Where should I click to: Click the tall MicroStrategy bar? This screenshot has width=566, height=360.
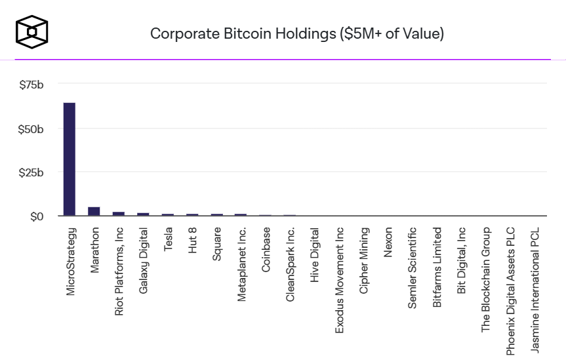click(69, 159)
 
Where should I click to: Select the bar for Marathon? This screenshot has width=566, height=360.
click(94, 211)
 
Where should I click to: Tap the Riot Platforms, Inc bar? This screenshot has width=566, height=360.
click(119, 214)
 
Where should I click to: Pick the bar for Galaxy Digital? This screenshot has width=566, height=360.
click(143, 214)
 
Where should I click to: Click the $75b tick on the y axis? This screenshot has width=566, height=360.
click(31, 85)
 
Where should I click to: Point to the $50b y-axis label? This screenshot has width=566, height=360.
click(31, 129)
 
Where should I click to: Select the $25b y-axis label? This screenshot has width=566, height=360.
click(31, 173)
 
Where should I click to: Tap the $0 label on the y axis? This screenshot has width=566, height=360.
click(37, 217)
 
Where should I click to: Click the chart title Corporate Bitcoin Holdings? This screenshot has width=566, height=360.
click(296, 33)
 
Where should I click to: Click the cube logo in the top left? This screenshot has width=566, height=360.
click(31, 31)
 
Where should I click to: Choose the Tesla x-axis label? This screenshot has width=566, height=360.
click(168, 240)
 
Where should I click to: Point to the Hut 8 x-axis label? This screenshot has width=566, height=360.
click(192, 241)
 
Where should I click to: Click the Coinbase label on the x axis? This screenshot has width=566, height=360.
click(266, 249)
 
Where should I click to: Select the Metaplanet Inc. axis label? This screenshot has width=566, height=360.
click(241, 264)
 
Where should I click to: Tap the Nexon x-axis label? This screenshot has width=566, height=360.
click(388, 242)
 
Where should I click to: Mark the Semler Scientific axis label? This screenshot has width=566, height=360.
click(413, 268)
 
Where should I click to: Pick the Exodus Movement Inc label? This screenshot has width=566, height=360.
click(340, 280)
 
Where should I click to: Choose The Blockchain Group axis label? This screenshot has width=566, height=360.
click(486, 279)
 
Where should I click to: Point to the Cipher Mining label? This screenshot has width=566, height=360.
click(364, 260)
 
